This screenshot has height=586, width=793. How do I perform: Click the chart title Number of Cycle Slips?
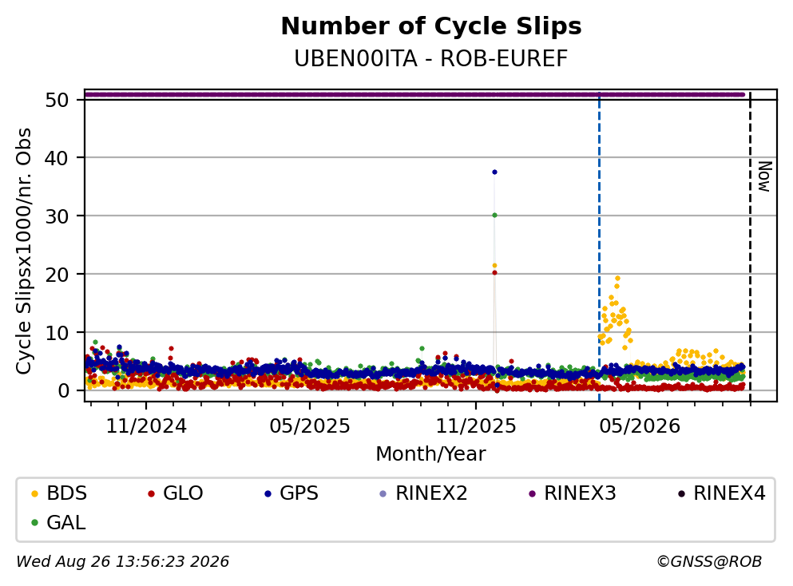pos(431,26)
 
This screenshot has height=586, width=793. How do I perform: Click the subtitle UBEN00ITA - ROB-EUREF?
pos(431,58)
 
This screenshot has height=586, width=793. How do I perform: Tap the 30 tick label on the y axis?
pos(57,216)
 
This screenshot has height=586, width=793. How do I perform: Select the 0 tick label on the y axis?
pos(63,391)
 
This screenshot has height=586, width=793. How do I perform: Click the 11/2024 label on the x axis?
pos(146,426)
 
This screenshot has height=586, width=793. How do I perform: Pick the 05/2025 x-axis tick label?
pos(310,426)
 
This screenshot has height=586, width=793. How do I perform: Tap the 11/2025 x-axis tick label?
pos(476,426)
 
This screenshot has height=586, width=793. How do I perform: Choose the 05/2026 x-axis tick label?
pos(640,426)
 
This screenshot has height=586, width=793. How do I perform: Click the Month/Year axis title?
pos(431,454)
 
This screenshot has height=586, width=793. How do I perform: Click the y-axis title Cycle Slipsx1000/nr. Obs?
pos(24,251)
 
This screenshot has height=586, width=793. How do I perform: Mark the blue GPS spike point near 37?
pos(494,172)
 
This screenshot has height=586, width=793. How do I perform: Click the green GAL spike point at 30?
pos(494,216)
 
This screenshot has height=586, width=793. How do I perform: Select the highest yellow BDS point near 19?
pos(617,279)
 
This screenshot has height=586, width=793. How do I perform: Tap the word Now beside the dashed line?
pos(765,176)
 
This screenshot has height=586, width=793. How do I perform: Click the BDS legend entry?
pos(59,493)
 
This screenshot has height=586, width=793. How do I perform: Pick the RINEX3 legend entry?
pos(573,493)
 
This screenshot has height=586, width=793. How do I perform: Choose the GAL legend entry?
pos(58,522)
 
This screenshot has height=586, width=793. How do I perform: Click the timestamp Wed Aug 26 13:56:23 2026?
pos(123,562)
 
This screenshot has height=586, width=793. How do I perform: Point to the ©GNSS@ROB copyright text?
pos(709,562)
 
